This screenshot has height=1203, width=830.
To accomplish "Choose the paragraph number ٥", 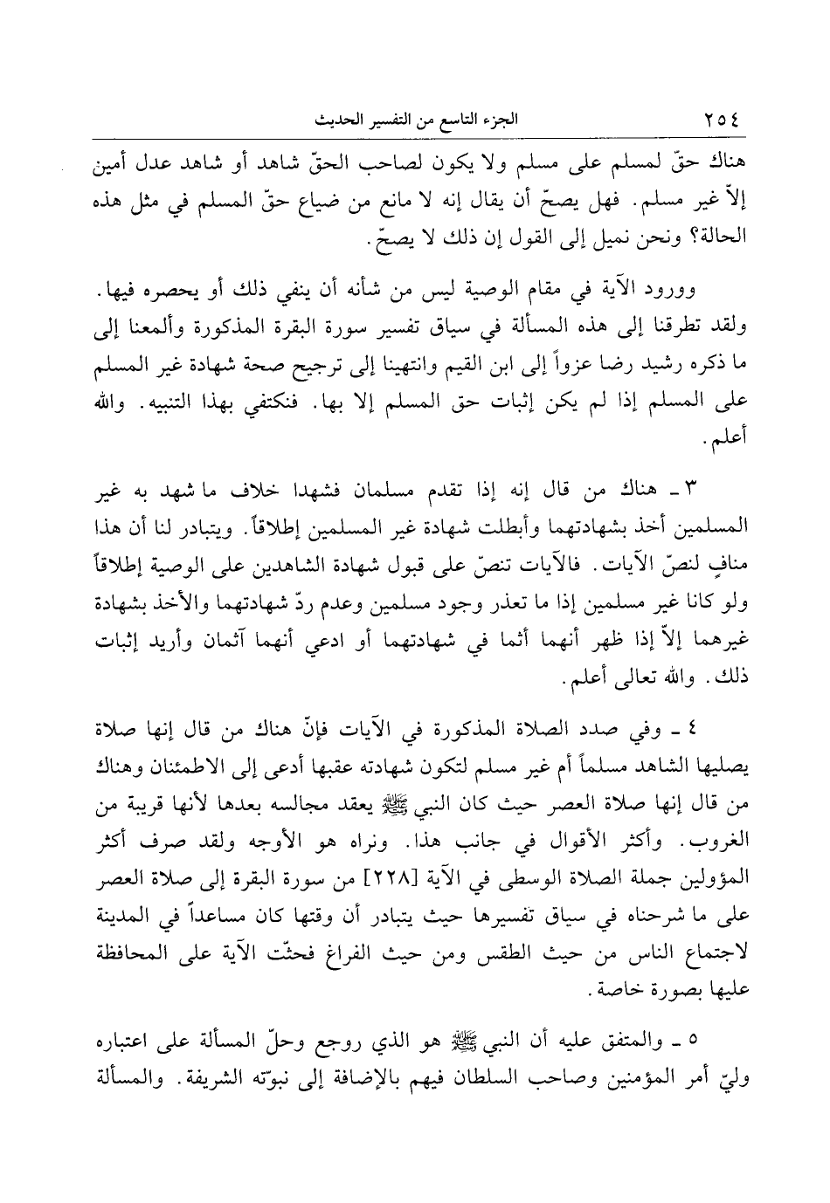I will coord(694,1041).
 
